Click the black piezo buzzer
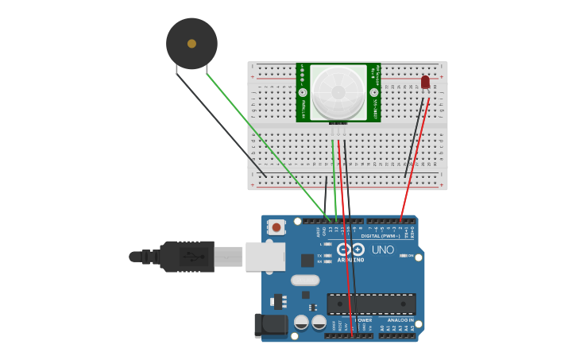pos(191,44)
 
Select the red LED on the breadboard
pos(425,82)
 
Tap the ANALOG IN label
pos(400,320)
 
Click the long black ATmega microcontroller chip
pos(371,304)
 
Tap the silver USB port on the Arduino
pos(265,257)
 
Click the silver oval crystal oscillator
pos(305,280)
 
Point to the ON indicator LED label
pos(412,256)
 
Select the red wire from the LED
pos(415,159)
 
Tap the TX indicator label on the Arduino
pos(319,255)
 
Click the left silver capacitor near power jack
pos(301,322)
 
